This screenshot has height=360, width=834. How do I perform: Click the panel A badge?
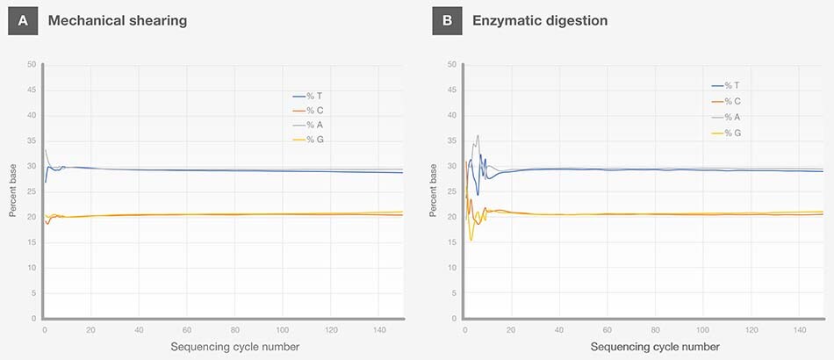(23, 20)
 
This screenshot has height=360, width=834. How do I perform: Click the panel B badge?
(446, 20)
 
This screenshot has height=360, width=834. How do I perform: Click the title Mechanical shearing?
(118, 20)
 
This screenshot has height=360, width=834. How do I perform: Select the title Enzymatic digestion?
(539, 20)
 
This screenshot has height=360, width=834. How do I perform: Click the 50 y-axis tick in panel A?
(32, 65)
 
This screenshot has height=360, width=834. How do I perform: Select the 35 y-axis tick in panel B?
(451, 141)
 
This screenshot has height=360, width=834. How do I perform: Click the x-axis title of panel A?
(234, 347)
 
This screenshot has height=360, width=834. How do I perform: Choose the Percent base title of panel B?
(433, 191)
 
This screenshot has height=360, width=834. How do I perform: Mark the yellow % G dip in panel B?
(471, 240)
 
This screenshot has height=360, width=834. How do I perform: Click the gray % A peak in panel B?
(477, 136)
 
